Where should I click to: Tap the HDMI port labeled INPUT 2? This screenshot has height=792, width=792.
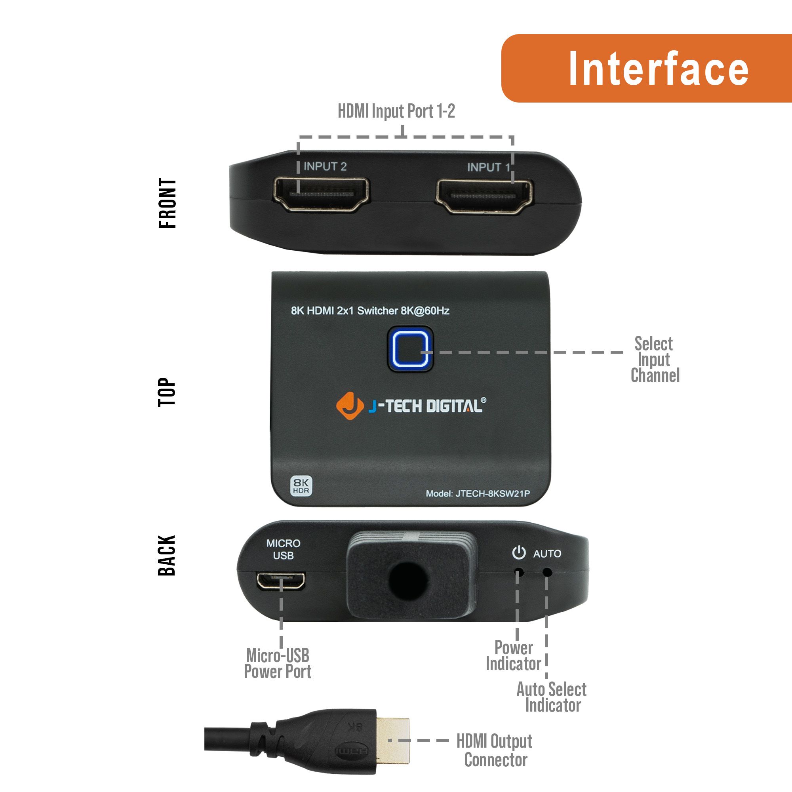coord(321,195)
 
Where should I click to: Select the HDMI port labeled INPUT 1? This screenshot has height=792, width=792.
coord(484,196)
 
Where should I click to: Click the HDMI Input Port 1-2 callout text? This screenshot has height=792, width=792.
coord(396,111)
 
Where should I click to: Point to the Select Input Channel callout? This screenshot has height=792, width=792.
coord(655,359)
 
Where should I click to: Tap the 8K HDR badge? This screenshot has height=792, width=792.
coord(301,486)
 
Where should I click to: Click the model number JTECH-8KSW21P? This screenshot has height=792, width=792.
coord(492,493)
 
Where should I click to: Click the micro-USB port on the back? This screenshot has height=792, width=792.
coord(281,581)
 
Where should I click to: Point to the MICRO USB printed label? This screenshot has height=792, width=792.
coord(283,549)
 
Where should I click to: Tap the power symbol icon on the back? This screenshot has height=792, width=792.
coord(519,552)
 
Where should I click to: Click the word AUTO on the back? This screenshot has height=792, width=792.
coord(547,554)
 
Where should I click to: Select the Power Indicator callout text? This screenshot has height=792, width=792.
coord(513,656)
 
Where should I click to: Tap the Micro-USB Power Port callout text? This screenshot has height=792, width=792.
coord(278,664)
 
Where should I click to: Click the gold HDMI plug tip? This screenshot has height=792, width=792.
coord(392,741)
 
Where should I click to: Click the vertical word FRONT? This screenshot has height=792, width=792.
coord(167,203)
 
